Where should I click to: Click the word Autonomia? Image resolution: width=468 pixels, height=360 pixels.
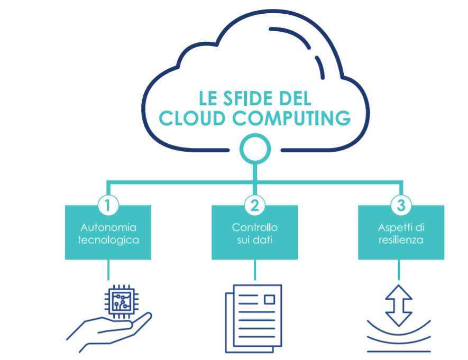point(108,228)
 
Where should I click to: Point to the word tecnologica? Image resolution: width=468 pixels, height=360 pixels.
point(108,240)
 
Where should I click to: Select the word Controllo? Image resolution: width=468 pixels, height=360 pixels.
point(254,228)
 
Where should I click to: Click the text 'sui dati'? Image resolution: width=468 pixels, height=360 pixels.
point(254,240)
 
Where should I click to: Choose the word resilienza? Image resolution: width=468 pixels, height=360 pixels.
point(401,240)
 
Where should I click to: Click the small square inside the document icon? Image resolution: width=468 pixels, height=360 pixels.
point(269,300)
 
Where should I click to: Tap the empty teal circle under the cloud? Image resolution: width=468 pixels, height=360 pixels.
point(254,147)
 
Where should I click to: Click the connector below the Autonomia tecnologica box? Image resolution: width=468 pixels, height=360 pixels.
point(108,270)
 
